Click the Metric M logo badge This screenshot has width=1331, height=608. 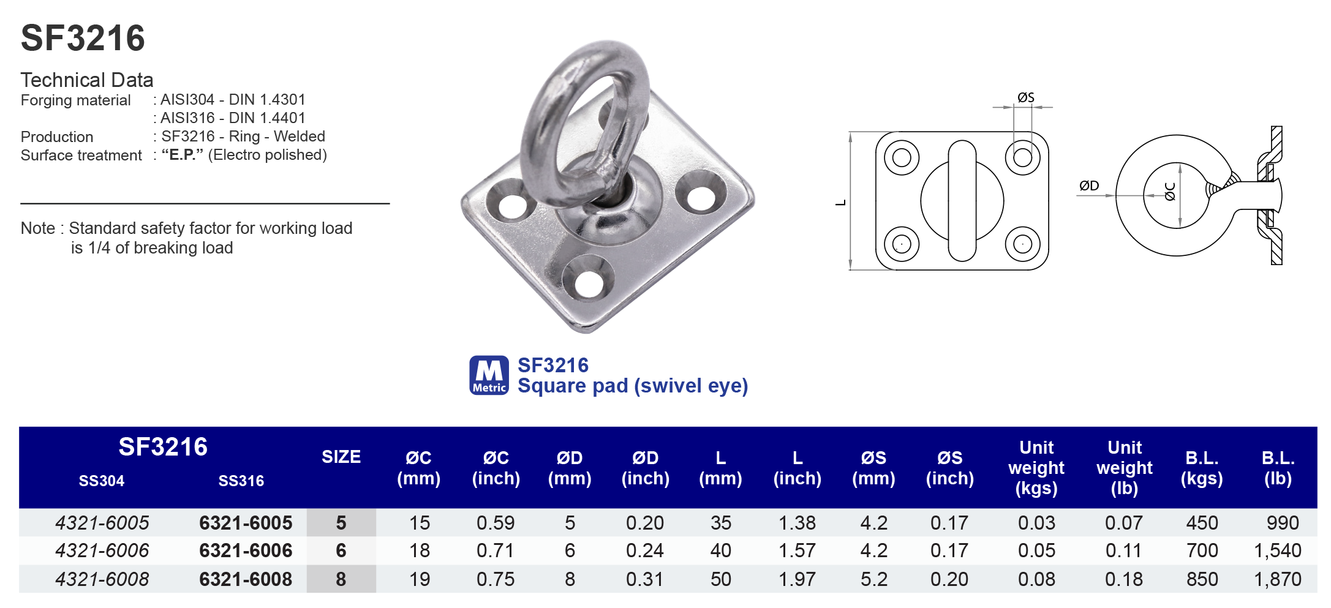489,375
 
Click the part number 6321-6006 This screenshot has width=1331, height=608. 246,550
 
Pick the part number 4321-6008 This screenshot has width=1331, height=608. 102,579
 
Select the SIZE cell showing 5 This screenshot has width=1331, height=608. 341,523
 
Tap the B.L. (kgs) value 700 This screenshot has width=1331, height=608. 1202,550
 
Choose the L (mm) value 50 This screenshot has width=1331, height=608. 720,579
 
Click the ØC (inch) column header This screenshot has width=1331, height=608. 496,468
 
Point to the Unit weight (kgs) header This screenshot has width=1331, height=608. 1036,468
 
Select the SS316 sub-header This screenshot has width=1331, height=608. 241,481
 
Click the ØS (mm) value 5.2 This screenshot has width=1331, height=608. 873,579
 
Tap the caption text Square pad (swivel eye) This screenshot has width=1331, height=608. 632,386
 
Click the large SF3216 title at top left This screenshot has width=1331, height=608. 83,39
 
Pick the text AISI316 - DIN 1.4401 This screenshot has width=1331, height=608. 232,118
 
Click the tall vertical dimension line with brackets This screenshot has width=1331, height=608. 851,201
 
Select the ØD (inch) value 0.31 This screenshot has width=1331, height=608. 644,579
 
